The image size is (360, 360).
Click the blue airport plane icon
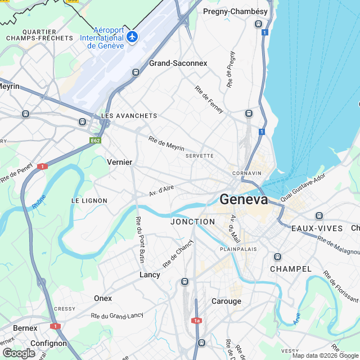coord(133,37)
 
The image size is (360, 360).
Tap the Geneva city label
coord(244,200)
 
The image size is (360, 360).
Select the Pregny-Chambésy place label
coord(235,11)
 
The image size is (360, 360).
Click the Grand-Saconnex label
coord(178,64)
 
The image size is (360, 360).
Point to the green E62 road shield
coord(95,140)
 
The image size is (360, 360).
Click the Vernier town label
coord(119,162)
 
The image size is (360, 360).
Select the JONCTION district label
coord(192,222)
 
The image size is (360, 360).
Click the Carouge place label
coord(226,301)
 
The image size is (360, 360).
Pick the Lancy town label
coord(150,274)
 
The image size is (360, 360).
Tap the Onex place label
coord(103,298)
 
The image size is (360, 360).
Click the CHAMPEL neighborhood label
coord(291,269)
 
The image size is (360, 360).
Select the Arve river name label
coord(296,318)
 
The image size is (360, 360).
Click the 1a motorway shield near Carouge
coord(196,321)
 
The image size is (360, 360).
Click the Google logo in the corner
coord(19,353)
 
